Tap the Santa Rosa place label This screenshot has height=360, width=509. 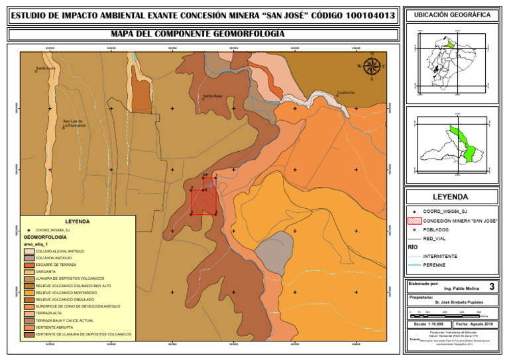coord(212,96)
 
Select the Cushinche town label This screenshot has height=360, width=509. coord(345,93)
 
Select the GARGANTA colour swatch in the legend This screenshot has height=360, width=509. coord(28,271)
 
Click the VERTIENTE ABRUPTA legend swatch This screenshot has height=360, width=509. coord(28,327)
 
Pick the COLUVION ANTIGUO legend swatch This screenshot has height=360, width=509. coord(28,257)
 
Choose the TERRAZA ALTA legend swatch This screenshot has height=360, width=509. coord(28,313)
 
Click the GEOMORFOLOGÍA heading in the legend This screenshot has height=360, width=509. coord(44,237)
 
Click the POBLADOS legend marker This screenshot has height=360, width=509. coord(414,229)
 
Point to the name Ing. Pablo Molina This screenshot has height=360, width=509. coord(461,289)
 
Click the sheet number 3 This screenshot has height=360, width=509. coord(490,287)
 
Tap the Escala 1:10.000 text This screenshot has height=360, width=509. coord(429,324)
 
